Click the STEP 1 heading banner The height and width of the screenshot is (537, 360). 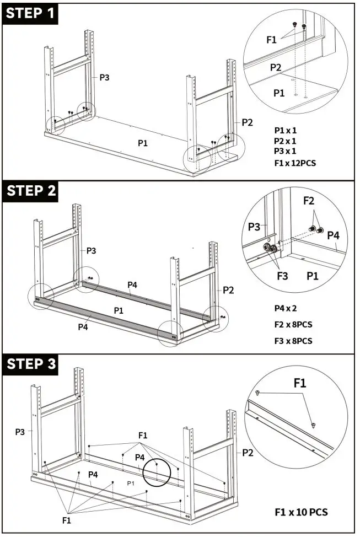click(x=31, y=13)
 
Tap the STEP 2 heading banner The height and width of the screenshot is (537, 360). click(x=31, y=191)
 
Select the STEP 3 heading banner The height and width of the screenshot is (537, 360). click(x=31, y=364)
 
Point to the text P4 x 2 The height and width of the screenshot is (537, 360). click(x=287, y=308)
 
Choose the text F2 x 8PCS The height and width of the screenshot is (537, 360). click(x=293, y=324)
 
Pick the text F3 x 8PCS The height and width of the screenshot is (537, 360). click(x=293, y=341)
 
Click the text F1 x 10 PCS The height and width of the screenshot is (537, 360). click(x=301, y=512)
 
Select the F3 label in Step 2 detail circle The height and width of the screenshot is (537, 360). click(x=282, y=275)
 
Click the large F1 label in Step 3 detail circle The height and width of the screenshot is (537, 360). click(x=300, y=383)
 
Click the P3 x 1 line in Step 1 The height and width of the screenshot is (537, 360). click(x=286, y=151)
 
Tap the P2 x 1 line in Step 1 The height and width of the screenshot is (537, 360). click(x=286, y=141)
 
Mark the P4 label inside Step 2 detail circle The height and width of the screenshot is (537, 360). click(x=334, y=235)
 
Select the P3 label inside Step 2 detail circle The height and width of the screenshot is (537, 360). click(x=254, y=227)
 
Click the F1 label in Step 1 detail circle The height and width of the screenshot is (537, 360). click(x=272, y=40)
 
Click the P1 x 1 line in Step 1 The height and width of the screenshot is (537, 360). click(x=286, y=131)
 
